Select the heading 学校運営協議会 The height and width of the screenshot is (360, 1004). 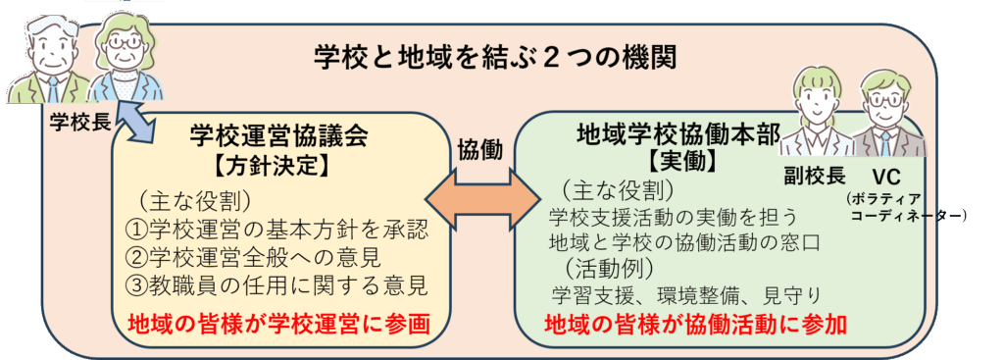[278, 136]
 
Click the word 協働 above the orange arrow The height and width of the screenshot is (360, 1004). [479, 149]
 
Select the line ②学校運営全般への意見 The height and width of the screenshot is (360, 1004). [260, 259]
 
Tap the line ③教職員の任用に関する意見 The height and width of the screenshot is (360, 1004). [278, 286]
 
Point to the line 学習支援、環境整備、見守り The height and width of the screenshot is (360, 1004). [685, 293]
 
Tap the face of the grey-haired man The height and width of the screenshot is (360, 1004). [46, 49]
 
